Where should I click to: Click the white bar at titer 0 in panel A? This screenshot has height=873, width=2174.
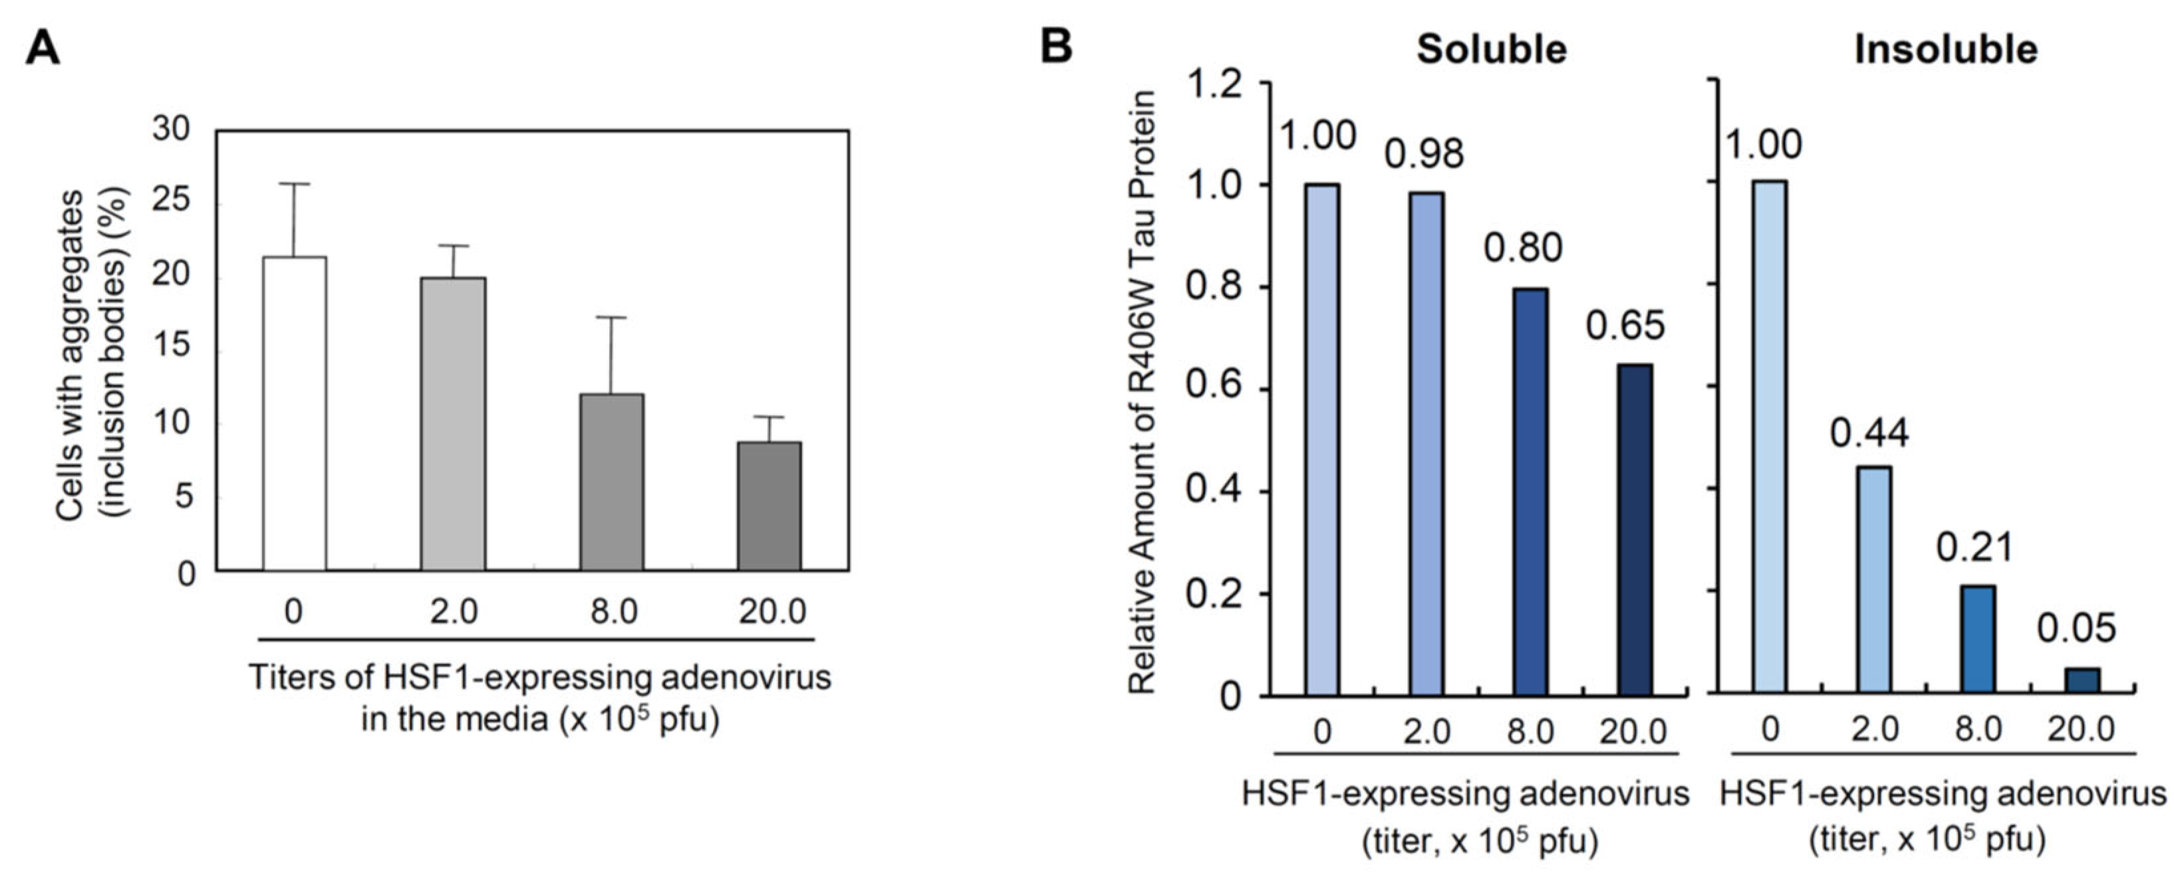tap(295, 413)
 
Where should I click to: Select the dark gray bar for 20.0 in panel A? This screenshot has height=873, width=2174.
tap(769, 506)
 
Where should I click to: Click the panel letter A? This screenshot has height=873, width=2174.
tap(43, 47)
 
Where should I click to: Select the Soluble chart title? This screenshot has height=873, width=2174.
tap(1491, 49)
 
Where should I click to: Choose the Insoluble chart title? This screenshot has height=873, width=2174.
tap(1945, 49)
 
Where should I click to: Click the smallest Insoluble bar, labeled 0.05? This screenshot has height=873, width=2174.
tap(2082, 681)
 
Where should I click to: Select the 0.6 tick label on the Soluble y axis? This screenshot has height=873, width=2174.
tap(1214, 390)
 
